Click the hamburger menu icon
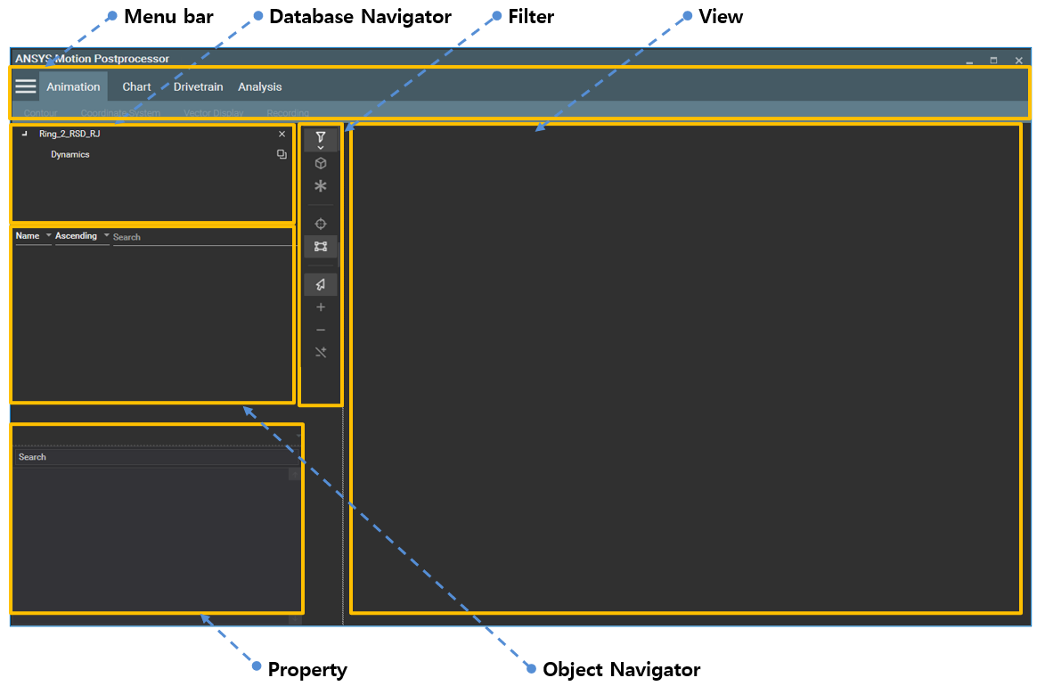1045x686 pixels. [26, 86]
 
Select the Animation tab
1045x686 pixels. [73, 86]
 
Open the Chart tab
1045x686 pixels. [136, 86]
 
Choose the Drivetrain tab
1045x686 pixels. [198, 86]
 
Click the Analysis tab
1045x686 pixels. [259, 86]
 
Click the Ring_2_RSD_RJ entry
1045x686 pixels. [69, 134]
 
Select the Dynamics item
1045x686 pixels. [70, 154]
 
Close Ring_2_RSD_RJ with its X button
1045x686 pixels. [282, 134]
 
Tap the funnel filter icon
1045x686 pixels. [321, 137]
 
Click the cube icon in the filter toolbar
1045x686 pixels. [321, 163]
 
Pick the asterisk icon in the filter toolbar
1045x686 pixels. [321, 186]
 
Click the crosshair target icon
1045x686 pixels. [321, 224]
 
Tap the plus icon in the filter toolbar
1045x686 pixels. [321, 307]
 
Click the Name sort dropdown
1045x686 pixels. [34, 236]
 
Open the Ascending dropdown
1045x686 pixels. [82, 236]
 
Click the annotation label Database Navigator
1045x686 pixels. [360, 16]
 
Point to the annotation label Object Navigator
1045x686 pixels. [621, 669]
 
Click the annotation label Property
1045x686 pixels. [307, 669]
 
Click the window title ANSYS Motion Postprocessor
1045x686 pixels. [92, 59]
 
